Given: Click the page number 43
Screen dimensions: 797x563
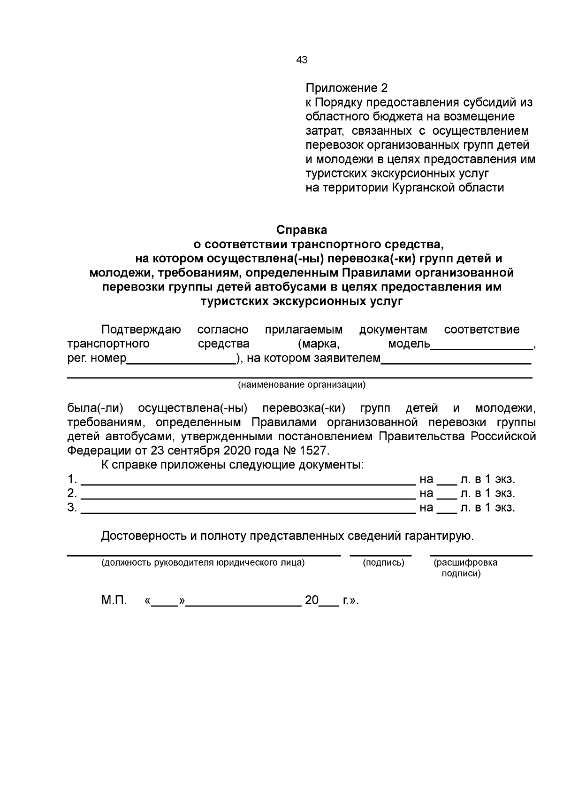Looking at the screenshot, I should [x=302, y=60].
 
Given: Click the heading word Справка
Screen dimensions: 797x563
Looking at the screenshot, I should [x=301, y=230].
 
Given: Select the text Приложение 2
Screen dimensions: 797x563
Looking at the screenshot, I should [x=347, y=88].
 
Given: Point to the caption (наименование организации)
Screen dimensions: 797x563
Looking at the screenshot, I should [x=301, y=385].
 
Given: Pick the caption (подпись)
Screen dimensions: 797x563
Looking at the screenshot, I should [x=383, y=563].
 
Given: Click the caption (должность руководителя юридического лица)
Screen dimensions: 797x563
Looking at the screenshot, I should [x=203, y=563].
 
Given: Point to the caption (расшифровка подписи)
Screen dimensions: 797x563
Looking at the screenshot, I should [x=465, y=567].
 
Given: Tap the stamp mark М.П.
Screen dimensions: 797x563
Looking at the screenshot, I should [x=114, y=600].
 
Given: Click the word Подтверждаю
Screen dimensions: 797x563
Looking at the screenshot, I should [x=141, y=330].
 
